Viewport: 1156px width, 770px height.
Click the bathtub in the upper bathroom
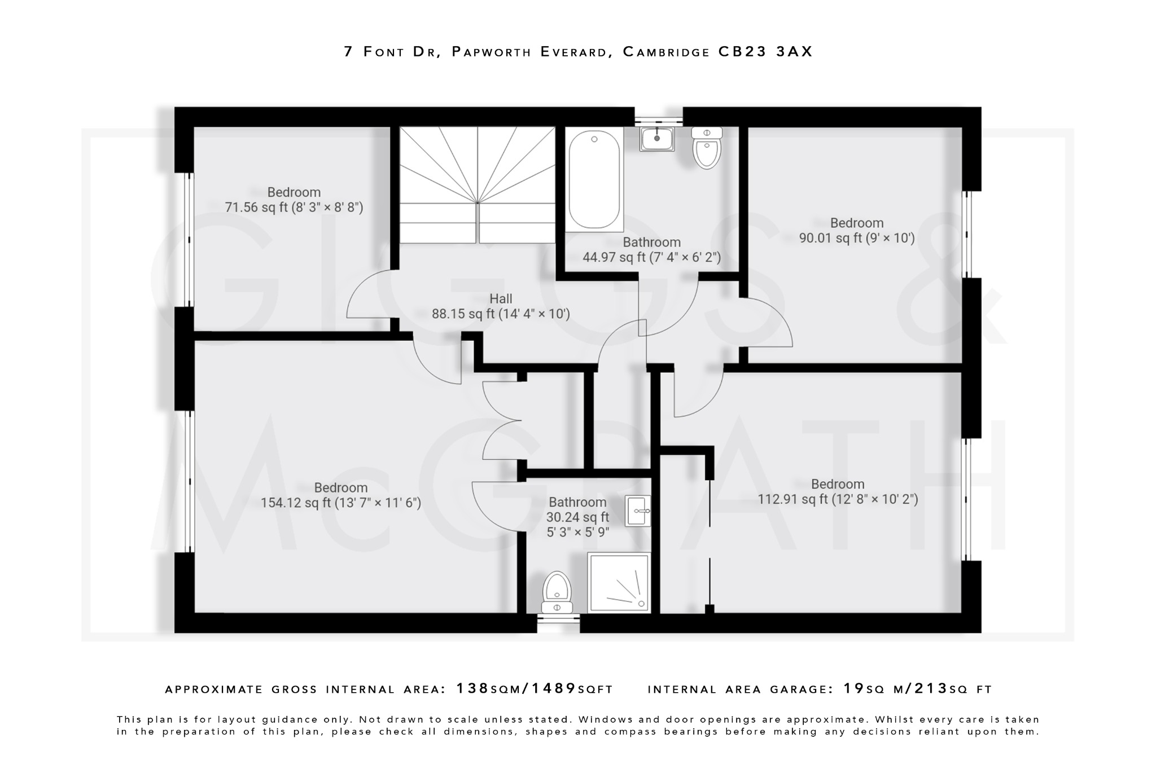point(594,179)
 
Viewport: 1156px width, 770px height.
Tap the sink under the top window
point(656,138)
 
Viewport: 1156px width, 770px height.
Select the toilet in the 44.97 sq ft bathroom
point(707,148)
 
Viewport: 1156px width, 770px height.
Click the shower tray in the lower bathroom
point(619,583)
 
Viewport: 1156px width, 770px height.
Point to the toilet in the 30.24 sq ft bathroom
point(557,593)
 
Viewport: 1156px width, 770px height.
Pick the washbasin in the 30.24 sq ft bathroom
point(638,511)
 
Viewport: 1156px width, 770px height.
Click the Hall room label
point(501,299)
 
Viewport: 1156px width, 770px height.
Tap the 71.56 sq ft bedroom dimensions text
point(294,208)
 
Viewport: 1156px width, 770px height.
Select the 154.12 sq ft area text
point(295,503)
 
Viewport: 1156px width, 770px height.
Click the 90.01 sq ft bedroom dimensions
point(857,238)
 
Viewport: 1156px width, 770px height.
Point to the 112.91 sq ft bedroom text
point(838,499)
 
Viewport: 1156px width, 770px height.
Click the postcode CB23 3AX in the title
point(765,52)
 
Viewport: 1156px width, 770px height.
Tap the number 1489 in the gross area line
point(554,689)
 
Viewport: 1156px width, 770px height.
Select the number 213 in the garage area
point(931,689)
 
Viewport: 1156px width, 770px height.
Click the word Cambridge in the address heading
point(666,52)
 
